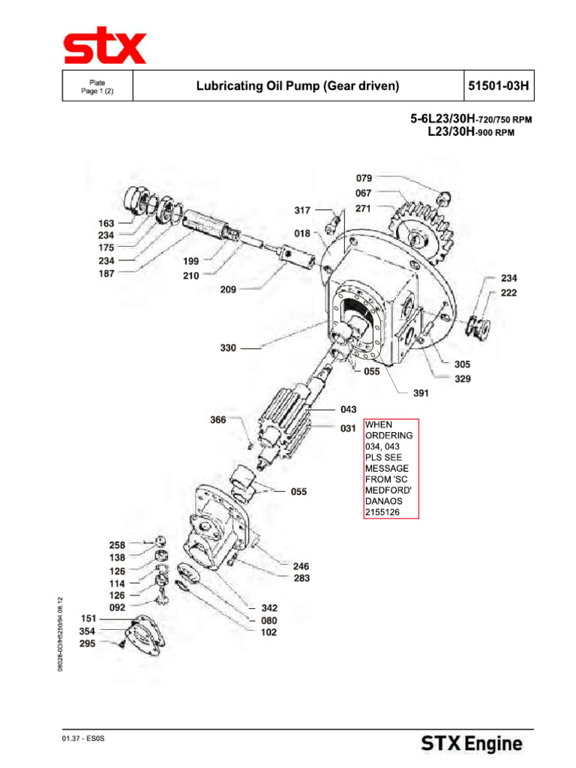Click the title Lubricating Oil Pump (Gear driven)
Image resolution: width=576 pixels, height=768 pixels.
[298, 86]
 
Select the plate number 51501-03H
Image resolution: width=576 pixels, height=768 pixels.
[499, 86]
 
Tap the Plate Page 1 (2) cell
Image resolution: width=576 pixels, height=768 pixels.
[97, 86]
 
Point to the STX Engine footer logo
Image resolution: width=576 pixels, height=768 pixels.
[471, 744]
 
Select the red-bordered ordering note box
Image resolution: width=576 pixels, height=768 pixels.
[391, 468]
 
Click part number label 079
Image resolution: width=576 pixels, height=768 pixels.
[364, 178]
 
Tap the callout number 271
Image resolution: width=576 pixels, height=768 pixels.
[364, 208]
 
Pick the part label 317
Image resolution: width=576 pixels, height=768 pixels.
[302, 211]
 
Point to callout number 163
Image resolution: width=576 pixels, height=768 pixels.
[106, 223]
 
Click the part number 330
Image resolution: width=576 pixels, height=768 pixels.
[229, 348]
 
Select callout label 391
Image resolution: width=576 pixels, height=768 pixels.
[421, 393]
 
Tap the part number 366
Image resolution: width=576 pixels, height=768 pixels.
[218, 421]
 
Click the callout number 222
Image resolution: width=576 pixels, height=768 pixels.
[509, 292]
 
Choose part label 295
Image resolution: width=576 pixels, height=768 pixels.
[88, 643]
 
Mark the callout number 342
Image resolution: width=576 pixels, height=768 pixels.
[269, 608]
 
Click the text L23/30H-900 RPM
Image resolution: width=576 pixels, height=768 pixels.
[470, 133]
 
